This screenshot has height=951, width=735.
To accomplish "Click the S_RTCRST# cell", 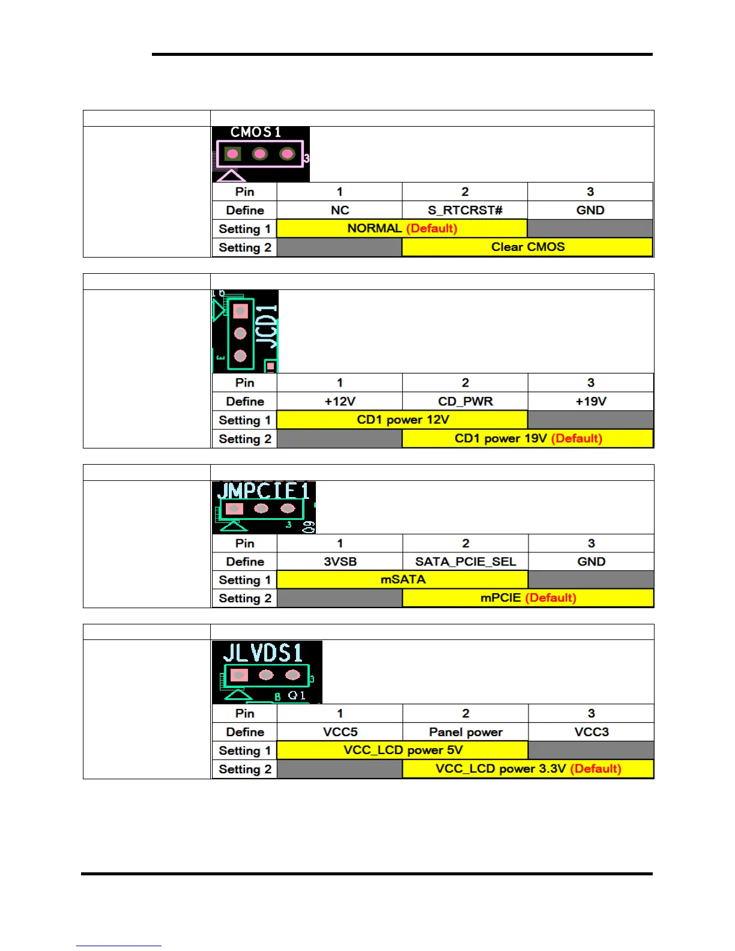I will pos(465,210).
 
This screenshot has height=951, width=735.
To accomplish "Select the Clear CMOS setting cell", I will pos(527,247).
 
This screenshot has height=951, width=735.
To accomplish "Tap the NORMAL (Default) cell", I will pos(402,228).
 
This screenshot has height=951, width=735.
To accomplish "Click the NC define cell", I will pos(339,210).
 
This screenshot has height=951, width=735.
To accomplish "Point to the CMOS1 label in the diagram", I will pos(256,132).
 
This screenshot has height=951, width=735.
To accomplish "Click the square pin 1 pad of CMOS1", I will pos(232,154).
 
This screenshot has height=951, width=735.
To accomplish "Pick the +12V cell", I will pos(339,401).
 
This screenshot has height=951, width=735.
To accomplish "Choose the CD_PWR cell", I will pos(465,401).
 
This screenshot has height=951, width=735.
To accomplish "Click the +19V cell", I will pos(590,401).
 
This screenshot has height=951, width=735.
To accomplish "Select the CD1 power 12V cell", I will pos(402,420).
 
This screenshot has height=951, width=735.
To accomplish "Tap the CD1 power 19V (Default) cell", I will pos(527,438).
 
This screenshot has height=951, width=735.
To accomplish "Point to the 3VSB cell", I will pos(340,561).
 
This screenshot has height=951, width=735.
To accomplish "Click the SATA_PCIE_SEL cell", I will pos(465,561).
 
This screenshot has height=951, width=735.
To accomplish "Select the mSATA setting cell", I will pos(402,579).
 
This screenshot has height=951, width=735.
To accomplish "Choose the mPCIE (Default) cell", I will pos(528,598).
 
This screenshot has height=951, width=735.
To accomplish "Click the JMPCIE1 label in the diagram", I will pos(263,491).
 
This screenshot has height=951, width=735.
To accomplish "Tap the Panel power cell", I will pos(465,732).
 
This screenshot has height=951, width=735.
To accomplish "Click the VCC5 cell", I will pos(340,732).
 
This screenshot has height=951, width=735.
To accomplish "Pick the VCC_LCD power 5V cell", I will pos(402,750).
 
